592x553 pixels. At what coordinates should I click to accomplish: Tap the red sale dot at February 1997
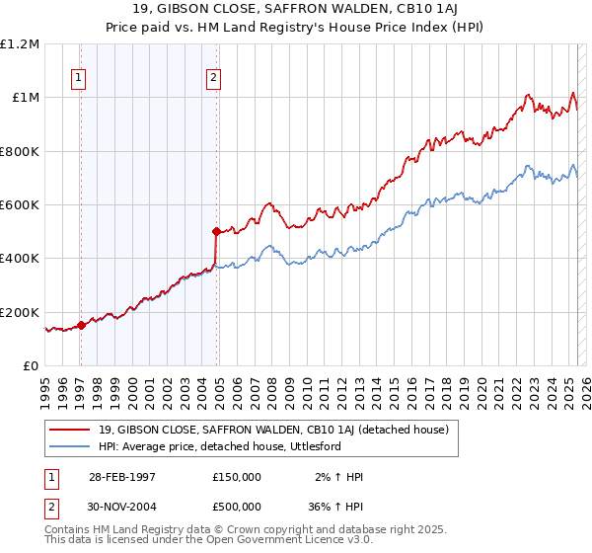81,325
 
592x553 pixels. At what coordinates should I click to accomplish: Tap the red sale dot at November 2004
216,231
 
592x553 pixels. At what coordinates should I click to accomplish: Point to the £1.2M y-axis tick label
21,44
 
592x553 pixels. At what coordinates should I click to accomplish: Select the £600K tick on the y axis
20,205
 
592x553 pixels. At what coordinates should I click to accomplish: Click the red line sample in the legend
70,430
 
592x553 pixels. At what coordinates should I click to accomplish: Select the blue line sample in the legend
70,446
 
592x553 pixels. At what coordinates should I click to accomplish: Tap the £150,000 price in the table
237,477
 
